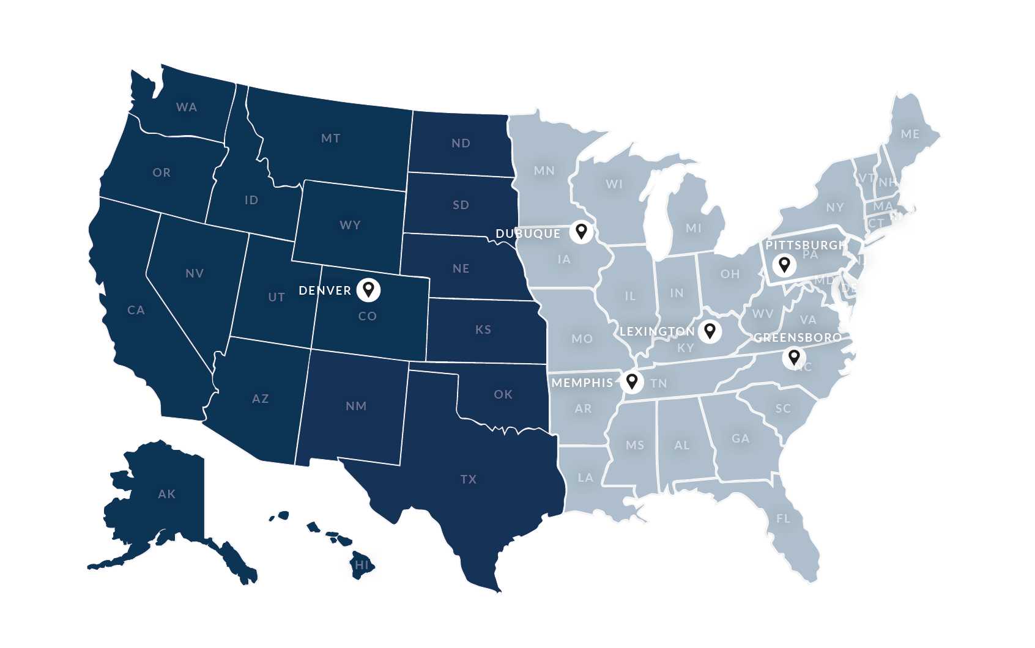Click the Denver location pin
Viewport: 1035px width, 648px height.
coord(368,289)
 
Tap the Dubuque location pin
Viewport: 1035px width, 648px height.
coord(581,231)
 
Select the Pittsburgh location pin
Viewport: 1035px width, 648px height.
coord(784,265)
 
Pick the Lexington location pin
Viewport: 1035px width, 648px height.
coord(710,331)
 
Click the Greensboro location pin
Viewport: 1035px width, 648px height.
coord(793,356)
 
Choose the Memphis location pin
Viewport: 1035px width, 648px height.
coord(632,381)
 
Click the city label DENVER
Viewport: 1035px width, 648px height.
coord(325,290)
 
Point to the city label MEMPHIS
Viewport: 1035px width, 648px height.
coord(582,383)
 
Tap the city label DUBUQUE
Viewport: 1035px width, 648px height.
coord(528,234)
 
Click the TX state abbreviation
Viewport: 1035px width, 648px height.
coord(469,479)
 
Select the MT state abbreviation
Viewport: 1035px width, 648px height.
coord(330,139)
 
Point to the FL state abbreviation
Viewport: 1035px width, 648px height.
coord(783,518)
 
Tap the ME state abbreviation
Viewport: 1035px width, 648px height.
coord(910,134)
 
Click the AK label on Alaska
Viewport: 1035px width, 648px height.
coord(166,494)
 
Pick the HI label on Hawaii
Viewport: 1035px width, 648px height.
coord(362,565)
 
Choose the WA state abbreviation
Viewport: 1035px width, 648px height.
coord(187,107)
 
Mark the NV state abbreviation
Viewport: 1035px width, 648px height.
coord(195,273)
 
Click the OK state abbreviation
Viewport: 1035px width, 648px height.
coord(503,394)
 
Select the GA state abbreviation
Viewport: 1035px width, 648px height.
coord(740,438)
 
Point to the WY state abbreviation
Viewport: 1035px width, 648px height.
coord(350,225)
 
